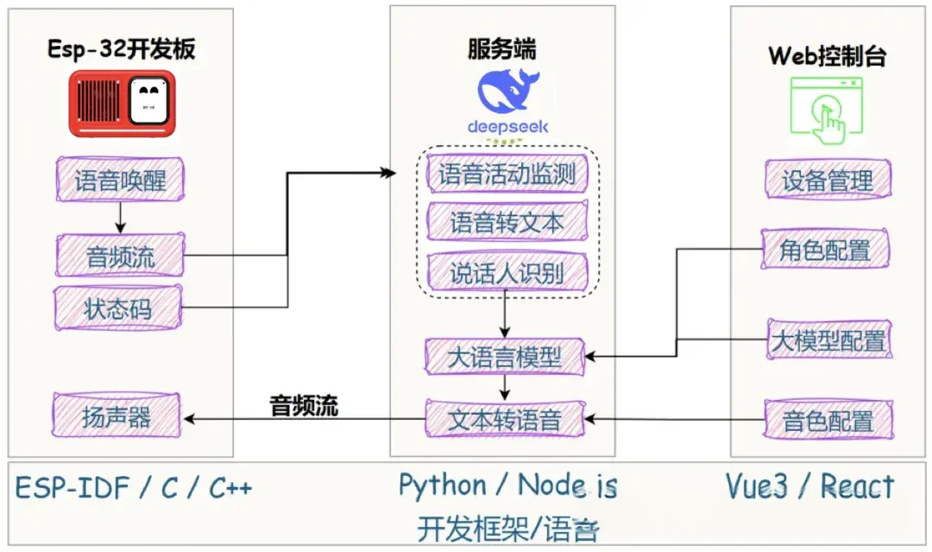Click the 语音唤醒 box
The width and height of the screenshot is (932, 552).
(119, 181)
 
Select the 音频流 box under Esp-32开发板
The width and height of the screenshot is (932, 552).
(119, 256)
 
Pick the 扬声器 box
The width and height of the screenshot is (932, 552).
(116, 416)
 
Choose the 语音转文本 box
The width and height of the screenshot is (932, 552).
(507, 223)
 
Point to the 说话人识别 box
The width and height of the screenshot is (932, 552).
(507, 274)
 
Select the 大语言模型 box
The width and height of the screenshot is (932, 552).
(505, 357)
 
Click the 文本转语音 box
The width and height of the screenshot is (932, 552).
(505, 421)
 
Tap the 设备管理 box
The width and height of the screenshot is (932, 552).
(828, 181)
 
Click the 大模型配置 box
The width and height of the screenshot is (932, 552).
(828, 340)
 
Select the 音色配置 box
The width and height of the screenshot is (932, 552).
(828, 422)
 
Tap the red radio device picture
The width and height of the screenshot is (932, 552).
(122, 103)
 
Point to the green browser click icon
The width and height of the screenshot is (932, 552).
(827, 110)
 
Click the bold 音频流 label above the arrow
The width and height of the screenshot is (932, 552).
(305, 405)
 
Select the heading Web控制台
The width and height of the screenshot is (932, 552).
(827, 56)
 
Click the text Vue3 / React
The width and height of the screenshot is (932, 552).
(809, 486)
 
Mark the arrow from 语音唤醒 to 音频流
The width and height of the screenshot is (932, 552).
(121, 216)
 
